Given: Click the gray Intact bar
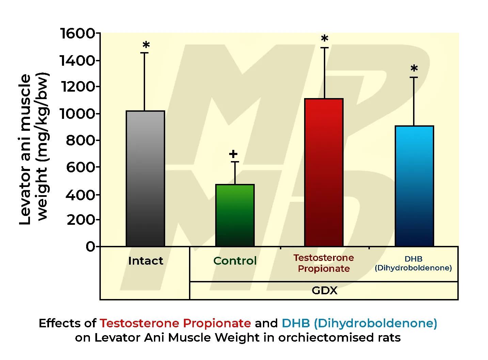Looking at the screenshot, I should coord(145,178).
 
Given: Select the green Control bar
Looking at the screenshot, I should coord(235,215).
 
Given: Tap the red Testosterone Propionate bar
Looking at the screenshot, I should coord(324,172).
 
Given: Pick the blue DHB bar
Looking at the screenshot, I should coord(414,186).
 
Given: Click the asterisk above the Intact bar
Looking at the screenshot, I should coord(146,45).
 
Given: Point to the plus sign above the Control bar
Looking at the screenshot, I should coord(233,154).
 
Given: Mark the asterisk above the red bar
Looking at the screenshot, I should coord(325,38).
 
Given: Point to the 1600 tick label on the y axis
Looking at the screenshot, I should coord(77,33).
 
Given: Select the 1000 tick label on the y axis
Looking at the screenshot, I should coord(77,114).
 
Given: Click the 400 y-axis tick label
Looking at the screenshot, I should coord(80,195).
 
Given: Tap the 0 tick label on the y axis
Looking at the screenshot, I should coord(90,247).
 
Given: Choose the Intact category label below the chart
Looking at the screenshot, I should coord(145,261).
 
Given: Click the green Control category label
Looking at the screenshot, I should coord(235,261).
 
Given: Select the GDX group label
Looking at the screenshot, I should coord(324,291).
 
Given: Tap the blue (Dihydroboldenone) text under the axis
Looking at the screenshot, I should coord(413,268).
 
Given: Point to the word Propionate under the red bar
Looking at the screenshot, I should coord(324,269).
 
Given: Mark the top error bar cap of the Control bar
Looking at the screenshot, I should coord(235,162).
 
